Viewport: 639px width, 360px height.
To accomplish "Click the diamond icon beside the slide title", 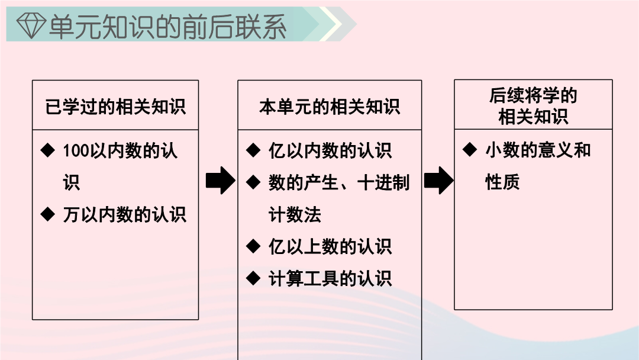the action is click(31, 25).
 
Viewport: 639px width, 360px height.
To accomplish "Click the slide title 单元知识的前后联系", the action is click(167, 27).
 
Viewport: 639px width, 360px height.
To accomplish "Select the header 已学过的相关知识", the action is click(115, 107).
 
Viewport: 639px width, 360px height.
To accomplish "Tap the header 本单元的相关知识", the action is click(330, 107).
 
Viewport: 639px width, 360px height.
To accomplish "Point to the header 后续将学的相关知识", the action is click(533, 106).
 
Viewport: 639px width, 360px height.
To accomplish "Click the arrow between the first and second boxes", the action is click(221, 180).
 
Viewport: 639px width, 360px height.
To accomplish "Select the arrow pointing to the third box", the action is click(438, 180).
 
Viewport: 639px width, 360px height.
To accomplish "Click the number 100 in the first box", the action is click(76, 151).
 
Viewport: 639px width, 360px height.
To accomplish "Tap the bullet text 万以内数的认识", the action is click(125, 214).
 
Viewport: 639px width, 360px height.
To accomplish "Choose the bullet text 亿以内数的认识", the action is click(330, 151).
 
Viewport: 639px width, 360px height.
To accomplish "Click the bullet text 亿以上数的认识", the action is click(330, 247).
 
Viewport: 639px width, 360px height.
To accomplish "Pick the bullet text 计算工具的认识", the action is click(330, 278).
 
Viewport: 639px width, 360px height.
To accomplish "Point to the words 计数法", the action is click(295, 214).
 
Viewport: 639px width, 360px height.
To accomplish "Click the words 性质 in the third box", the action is click(502, 182).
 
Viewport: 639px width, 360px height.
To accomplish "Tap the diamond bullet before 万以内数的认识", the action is click(48, 214).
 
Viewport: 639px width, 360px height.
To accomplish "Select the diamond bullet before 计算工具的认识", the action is click(253, 278).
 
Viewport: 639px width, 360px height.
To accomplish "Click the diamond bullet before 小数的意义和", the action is click(470, 149).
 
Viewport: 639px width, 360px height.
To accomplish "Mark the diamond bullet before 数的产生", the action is click(253, 182).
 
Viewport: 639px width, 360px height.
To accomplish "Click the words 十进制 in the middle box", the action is click(383, 182).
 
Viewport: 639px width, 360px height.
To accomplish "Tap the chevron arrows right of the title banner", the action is click(334, 24).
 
